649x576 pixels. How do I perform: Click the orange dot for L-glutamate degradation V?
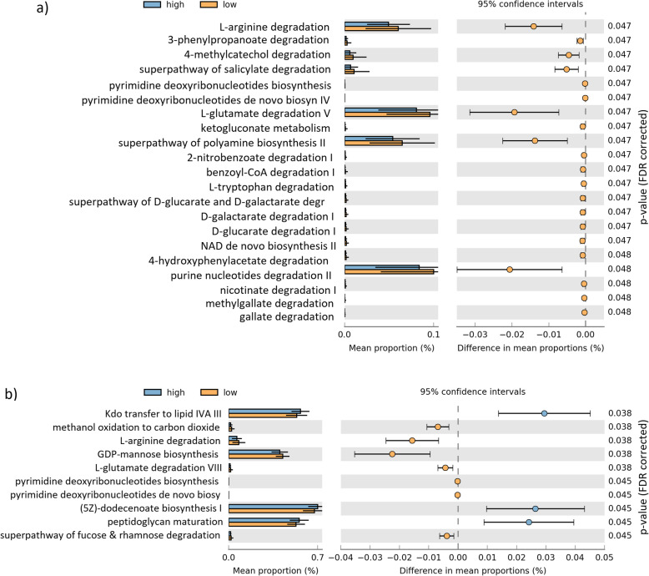pos(515,112)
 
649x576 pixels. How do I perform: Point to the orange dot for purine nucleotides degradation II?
pos(510,270)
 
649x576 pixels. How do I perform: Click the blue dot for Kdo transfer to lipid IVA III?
pos(544,412)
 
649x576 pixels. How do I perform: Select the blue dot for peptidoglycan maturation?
pos(529,498)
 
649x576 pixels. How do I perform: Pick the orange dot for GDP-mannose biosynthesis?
pos(392,455)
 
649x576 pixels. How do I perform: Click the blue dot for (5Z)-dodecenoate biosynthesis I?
pos(535,484)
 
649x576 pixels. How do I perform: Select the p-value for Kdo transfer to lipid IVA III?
pos(617,412)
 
